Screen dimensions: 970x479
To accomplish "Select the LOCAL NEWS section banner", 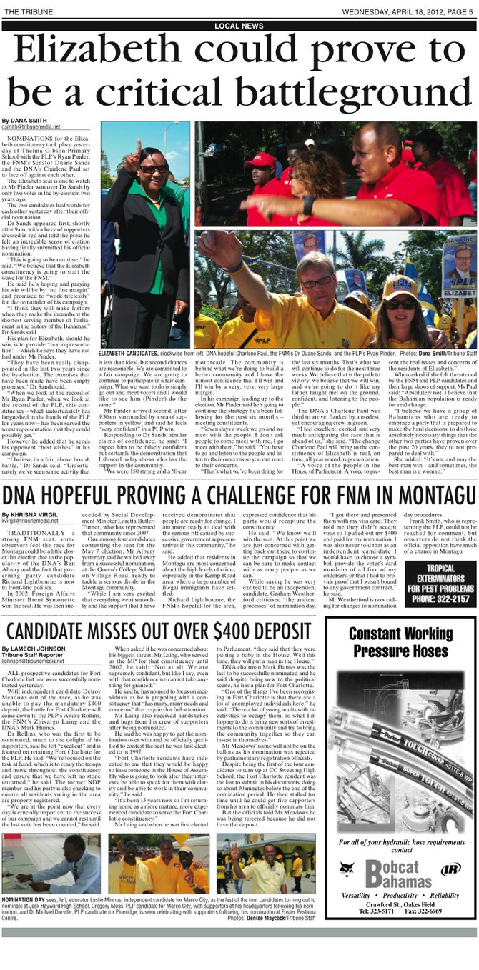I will (x=239, y=26).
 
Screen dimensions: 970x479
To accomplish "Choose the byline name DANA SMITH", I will (x=27, y=121).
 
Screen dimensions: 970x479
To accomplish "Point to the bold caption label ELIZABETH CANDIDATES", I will (x=135, y=354).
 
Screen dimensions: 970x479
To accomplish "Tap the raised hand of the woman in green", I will (x=136, y=149).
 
